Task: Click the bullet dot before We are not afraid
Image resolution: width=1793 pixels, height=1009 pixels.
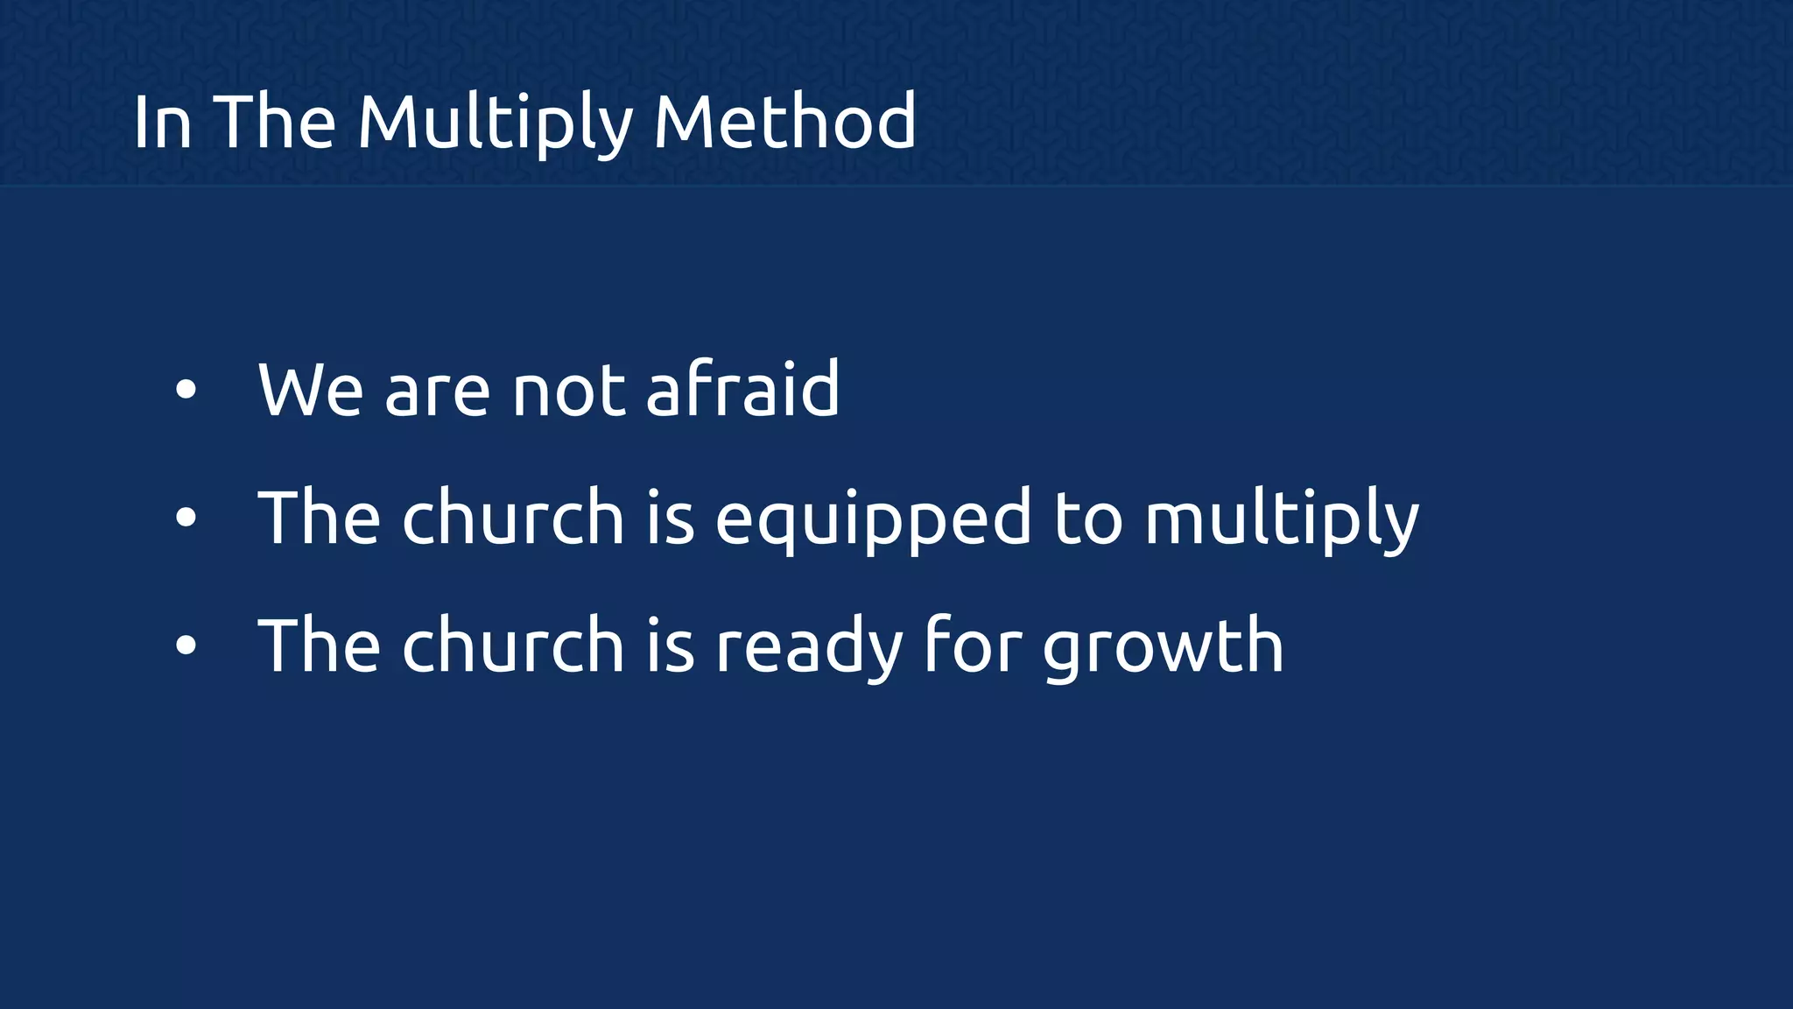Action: (x=186, y=390)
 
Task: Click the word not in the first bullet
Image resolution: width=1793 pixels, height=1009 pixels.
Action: (x=569, y=390)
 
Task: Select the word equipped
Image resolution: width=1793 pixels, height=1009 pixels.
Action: (x=874, y=519)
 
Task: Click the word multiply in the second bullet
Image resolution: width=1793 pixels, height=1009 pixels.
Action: (x=1281, y=519)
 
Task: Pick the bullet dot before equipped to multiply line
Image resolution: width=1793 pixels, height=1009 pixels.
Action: (x=186, y=518)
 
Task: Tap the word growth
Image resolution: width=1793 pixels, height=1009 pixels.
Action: (x=1164, y=646)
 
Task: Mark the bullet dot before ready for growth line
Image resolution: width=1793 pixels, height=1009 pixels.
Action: (x=186, y=646)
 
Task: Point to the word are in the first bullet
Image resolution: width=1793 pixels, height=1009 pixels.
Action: (x=438, y=390)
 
